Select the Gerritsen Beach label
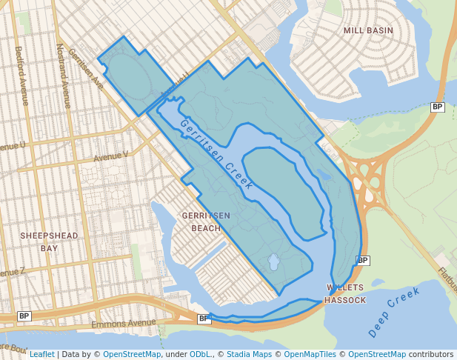[x=206, y=221]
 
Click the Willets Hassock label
[x=346, y=293]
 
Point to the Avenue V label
[x=110, y=156]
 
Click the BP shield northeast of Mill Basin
[x=438, y=107]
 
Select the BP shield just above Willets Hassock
[x=362, y=261]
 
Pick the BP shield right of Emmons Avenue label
[x=204, y=319]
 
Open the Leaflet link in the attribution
[x=41, y=354]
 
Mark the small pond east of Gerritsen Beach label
[x=273, y=262]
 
